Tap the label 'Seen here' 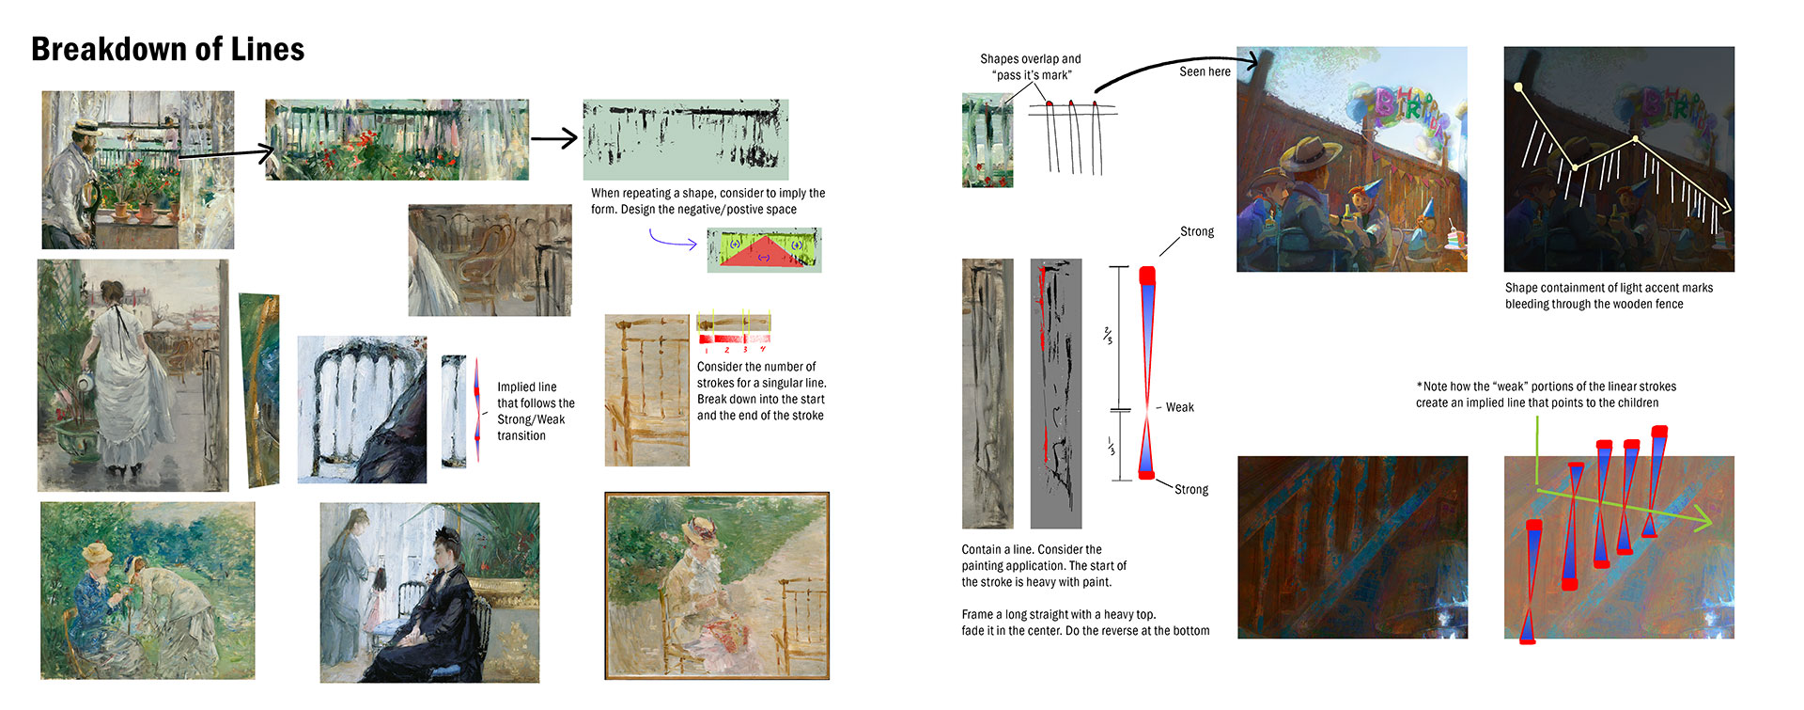[x=1205, y=71]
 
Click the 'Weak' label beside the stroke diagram [x=1180, y=407]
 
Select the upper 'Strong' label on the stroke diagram [x=1196, y=231]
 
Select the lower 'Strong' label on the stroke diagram [x=1190, y=489]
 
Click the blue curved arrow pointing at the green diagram [x=672, y=243]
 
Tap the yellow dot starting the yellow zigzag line [x=1518, y=87]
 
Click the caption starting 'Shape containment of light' [x=1608, y=295]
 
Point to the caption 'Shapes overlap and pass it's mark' [x=1030, y=67]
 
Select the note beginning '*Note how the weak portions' [x=1546, y=394]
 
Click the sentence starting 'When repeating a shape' [x=708, y=200]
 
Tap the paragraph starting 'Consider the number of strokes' [x=761, y=390]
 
